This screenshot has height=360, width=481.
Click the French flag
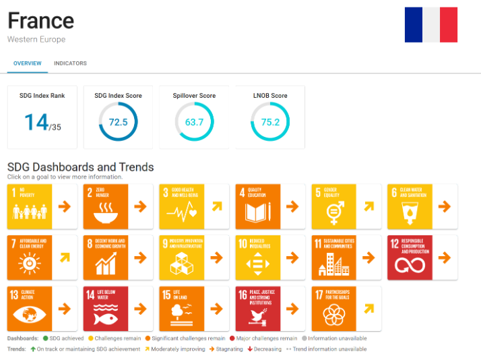431,25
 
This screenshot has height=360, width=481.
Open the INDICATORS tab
70,63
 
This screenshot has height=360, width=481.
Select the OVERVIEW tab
28,63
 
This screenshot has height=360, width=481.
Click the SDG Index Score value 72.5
118,122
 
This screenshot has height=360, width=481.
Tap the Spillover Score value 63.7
194,122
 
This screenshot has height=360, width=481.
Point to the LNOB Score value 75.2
270,122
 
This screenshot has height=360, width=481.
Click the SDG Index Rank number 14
37,122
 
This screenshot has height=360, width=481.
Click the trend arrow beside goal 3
216,206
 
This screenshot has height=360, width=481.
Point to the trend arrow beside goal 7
64,258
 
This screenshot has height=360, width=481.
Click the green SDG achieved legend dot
45,338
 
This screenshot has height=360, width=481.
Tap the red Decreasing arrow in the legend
249,349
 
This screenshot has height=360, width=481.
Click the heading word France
40,20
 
